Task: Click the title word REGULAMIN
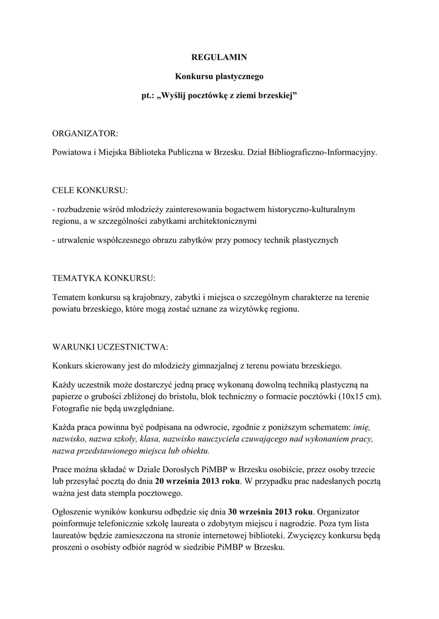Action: click(219, 57)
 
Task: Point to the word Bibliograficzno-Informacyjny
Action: click(325, 152)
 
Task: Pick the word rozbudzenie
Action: click(78, 209)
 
